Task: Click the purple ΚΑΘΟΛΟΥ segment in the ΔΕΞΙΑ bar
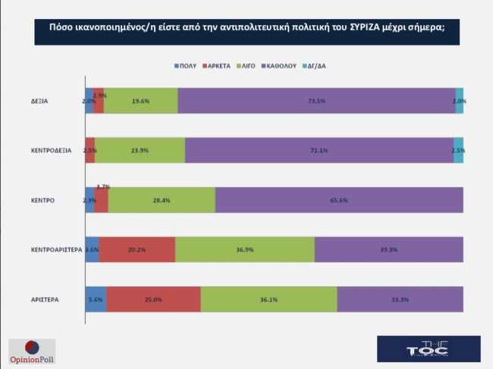316,101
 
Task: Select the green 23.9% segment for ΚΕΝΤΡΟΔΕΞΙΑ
140,150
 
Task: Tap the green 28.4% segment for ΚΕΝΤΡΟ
162,200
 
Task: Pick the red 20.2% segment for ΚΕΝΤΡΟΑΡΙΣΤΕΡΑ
137,249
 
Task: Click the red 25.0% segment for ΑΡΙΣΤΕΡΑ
153,299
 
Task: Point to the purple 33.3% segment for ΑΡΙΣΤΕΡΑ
400,299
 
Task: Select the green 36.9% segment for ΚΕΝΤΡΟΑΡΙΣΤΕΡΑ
244,249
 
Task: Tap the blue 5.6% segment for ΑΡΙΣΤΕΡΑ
96,299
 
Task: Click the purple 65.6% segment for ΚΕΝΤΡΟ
339,200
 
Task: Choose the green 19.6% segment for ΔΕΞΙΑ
141,101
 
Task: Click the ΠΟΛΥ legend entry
185,66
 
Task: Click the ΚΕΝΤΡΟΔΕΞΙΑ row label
51,150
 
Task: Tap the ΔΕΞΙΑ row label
39,101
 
